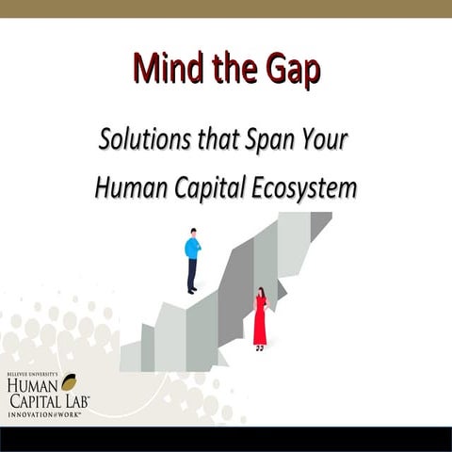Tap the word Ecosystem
(x=304, y=186)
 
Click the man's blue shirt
(x=192, y=249)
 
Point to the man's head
(x=193, y=232)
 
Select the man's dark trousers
(x=192, y=275)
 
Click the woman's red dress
(x=260, y=321)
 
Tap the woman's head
(x=260, y=293)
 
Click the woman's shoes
(x=260, y=348)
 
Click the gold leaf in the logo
(x=68, y=381)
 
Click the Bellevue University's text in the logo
(x=32, y=374)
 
